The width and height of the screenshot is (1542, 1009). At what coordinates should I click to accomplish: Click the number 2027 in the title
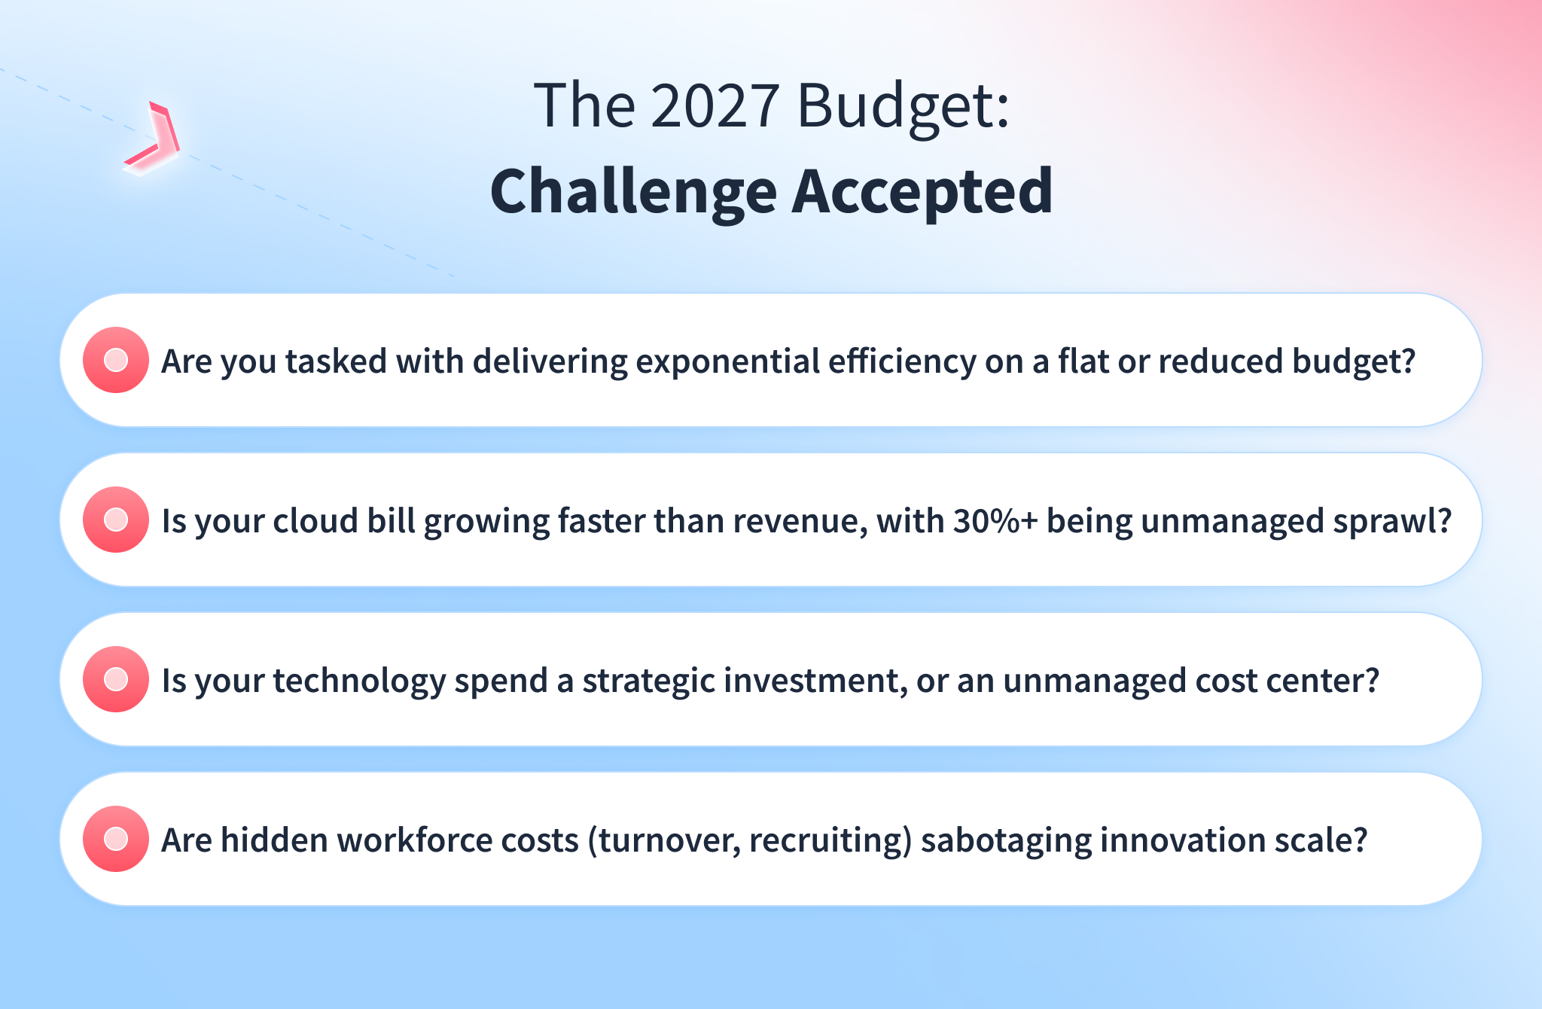(x=715, y=105)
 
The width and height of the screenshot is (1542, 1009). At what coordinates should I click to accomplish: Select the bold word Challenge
(x=633, y=193)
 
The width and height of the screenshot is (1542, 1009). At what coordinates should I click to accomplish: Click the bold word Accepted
(x=922, y=193)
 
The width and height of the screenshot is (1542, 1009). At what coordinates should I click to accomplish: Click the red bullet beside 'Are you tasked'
(x=116, y=360)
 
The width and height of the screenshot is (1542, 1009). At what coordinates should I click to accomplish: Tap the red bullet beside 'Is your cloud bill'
(x=116, y=520)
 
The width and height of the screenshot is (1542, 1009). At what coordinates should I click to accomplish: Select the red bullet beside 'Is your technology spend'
(x=116, y=679)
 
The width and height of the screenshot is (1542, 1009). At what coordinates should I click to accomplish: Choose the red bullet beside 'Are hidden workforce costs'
(x=116, y=839)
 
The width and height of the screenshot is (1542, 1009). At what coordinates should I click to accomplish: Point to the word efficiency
(x=903, y=362)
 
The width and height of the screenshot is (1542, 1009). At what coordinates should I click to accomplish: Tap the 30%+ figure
(x=995, y=521)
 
